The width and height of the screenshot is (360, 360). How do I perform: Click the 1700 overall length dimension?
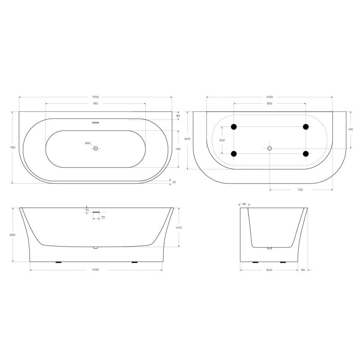[95, 97]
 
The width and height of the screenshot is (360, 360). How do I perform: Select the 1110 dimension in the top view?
[95, 103]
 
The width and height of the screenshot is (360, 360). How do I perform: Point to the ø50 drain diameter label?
[88, 144]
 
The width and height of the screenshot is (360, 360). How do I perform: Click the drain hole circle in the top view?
[95, 148]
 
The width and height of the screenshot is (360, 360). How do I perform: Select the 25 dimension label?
[174, 182]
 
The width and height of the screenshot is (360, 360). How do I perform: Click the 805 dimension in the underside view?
[270, 103]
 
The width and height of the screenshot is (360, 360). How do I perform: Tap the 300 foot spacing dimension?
[222, 140]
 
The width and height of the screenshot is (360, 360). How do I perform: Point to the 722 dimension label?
[300, 189]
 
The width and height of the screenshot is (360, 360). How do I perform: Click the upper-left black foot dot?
[234, 127]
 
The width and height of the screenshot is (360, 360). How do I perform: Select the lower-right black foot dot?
[306, 154]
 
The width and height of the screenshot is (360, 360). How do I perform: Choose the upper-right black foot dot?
[306, 127]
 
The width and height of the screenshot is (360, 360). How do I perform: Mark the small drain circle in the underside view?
[270, 148]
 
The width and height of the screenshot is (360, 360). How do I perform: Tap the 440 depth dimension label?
[179, 228]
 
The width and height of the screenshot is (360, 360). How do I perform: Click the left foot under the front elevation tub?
[58, 262]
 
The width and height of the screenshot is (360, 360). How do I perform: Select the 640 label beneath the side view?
[269, 270]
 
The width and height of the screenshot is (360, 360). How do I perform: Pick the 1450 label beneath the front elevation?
[95, 270]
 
